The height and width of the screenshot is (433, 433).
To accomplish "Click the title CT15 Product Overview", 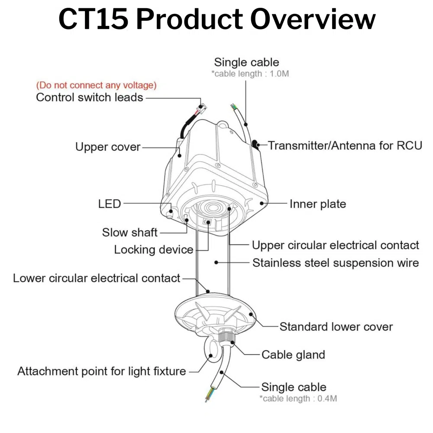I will click(216, 19).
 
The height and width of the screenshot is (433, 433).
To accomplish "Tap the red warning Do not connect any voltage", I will click(96, 85).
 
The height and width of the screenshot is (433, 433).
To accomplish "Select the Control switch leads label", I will click(89, 97).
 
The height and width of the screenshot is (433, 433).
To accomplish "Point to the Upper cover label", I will click(108, 147).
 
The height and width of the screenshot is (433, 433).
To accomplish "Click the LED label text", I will click(109, 203).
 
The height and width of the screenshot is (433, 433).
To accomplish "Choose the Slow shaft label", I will click(129, 232).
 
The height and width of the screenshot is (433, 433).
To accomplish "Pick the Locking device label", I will click(153, 249).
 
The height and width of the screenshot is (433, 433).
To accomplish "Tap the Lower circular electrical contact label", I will click(96, 278).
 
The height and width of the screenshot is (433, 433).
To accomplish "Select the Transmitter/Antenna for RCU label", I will click(345, 145).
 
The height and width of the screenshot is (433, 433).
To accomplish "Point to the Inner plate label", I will click(318, 204).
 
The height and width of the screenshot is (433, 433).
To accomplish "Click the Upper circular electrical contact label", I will click(335, 245).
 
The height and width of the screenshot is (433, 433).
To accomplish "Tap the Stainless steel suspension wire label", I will click(335, 262).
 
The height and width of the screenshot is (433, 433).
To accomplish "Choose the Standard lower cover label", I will click(336, 326).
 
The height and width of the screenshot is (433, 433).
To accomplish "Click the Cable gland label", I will click(293, 355).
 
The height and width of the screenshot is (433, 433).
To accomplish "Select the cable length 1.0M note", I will click(250, 74).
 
